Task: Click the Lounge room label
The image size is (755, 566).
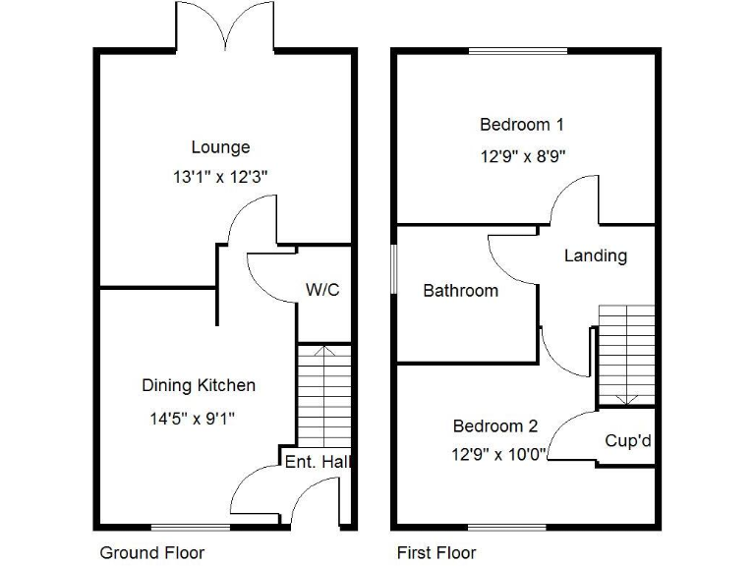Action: pos(220,147)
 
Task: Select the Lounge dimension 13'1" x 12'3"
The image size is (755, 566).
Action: pos(220,177)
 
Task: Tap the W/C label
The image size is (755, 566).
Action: pos(322,290)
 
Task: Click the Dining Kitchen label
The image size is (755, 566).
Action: pos(199,385)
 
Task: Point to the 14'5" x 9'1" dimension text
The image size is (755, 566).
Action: pos(192,418)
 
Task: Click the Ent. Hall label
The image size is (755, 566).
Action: pos(319,461)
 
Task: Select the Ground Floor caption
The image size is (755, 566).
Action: pos(152,552)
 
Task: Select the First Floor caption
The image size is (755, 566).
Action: pos(436,552)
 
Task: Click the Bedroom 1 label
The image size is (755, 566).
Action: pos(521,125)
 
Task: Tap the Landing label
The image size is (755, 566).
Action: pos(595,255)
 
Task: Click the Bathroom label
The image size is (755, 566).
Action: pos(460,290)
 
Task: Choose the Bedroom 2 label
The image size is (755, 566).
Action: pos(494,425)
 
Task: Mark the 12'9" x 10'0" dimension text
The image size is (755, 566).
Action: pos(499,454)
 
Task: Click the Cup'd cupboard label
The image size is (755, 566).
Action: pos(628,441)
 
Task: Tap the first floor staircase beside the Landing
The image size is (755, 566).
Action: pos(626,354)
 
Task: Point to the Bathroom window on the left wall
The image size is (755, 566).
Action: pos(394,267)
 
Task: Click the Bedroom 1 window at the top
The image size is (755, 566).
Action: pos(518,51)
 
